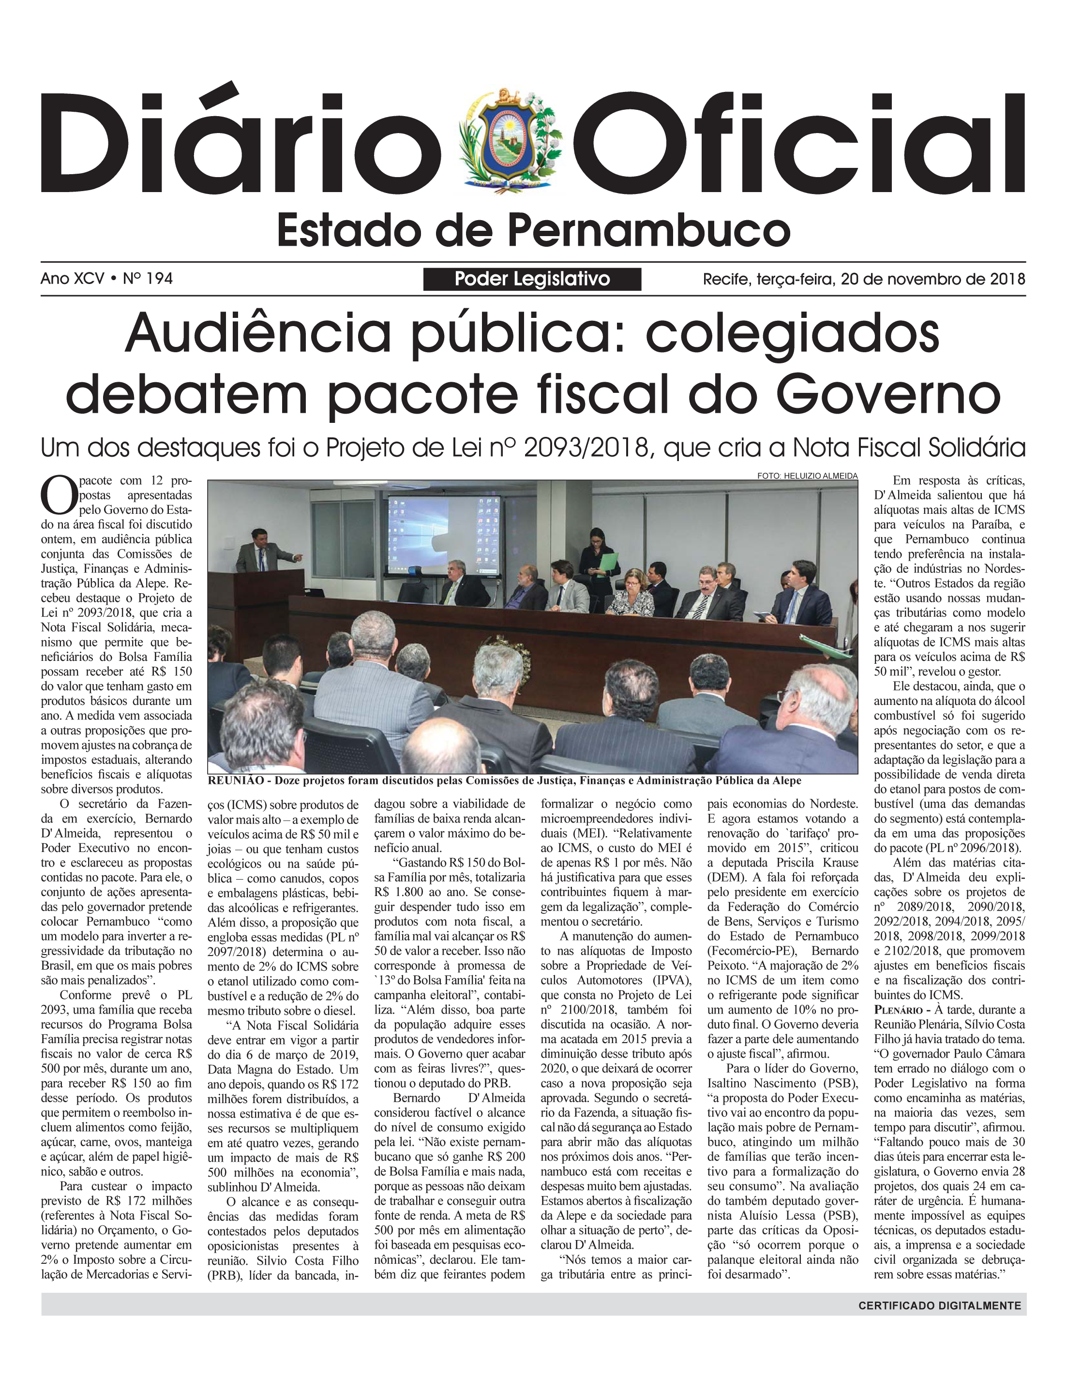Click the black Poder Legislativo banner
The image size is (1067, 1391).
(532, 279)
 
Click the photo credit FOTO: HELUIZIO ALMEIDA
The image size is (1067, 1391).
(807, 476)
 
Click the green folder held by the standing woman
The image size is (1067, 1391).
(609, 563)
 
